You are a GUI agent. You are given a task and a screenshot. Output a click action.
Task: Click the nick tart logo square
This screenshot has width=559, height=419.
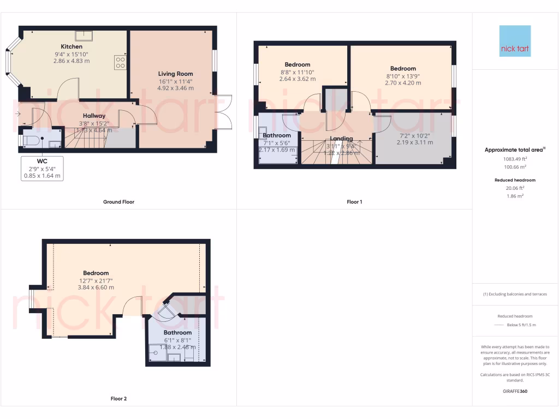click(515, 41)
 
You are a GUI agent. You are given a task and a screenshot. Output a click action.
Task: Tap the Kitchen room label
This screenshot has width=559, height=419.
click(72, 47)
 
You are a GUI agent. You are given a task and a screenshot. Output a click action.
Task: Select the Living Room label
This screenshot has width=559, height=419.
click(175, 74)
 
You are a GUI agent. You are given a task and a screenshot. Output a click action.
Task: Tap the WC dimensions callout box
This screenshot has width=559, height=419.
click(42, 169)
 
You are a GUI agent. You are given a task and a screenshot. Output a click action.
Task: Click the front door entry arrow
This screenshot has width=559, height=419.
click(19, 114)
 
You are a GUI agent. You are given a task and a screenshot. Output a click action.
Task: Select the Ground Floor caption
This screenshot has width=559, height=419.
click(118, 202)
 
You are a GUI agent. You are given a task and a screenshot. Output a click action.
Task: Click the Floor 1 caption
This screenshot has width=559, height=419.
click(354, 202)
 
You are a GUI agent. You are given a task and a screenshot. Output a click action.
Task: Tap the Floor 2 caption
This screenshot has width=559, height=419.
click(118, 399)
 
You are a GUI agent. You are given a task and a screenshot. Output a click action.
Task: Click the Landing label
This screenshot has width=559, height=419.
click(342, 139)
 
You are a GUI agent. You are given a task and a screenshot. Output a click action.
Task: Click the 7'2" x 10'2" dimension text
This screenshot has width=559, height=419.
click(415, 135)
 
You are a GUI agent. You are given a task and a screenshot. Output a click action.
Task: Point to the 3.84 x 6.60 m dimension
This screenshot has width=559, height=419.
click(96, 288)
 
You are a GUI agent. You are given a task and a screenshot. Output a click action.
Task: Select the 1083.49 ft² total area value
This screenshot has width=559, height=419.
click(515, 159)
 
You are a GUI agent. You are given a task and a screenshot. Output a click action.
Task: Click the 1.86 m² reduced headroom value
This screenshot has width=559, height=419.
click(515, 195)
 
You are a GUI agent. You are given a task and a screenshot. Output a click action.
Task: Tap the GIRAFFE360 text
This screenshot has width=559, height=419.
click(515, 391)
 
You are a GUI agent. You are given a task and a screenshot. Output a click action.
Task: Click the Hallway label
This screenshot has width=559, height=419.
click(94, 116)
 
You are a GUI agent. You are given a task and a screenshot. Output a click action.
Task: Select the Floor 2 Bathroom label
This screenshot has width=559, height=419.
click(177, 332)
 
